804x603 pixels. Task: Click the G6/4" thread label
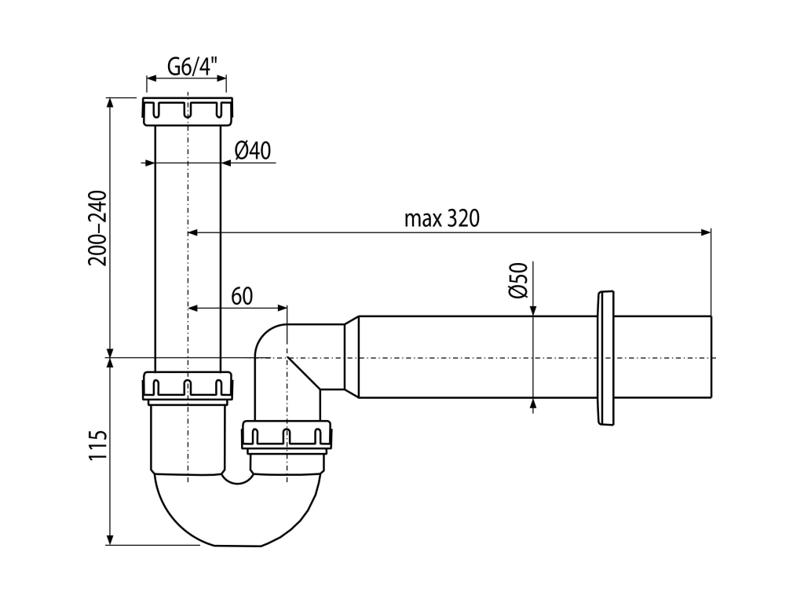192,66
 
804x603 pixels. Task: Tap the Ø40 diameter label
252,151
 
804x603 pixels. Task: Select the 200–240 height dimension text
98,228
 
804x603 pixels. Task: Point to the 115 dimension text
98,445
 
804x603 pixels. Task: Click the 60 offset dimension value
242,296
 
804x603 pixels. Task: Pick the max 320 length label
442,219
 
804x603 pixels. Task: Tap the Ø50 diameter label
518,280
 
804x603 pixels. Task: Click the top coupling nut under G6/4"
187,111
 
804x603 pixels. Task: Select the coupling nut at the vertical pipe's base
187,386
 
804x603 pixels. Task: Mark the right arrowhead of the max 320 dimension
706,232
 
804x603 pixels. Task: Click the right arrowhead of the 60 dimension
282,308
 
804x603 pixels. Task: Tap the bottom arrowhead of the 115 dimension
109,539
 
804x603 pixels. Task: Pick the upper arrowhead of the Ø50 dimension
533,310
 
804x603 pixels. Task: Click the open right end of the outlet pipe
711,357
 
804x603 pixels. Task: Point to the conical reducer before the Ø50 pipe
351,357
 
